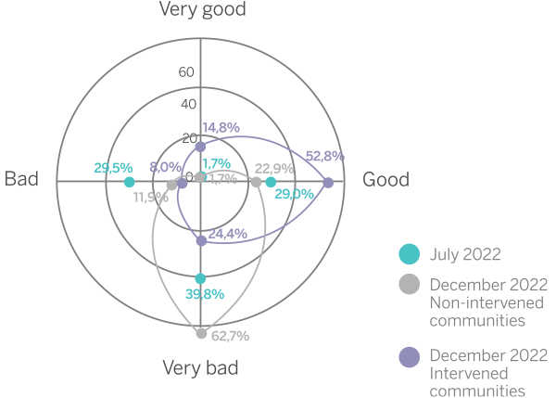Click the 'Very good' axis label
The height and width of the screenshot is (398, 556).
(x=201, y=10)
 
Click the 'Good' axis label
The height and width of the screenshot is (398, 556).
(x=385, y=180)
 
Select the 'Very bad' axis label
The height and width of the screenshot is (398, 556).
(x=201, y=368)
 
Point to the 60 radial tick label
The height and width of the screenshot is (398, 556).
(x=186, y=72)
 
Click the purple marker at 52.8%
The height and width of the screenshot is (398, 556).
(x=329, y=183)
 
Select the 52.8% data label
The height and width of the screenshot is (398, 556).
(x=324, y=156)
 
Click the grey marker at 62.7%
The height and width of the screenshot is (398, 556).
(x=201, y=334)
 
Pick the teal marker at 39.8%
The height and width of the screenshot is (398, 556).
(x=201, y=277)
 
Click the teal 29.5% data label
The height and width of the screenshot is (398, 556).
(x=113, y=168)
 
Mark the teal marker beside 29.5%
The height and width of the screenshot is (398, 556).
(x=129, y=183)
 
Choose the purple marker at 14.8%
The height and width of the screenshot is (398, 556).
(x=201, y=147)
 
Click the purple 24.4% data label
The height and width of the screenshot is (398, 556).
(x=227, y=234)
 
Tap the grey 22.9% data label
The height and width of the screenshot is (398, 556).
(x=274, y=168)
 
